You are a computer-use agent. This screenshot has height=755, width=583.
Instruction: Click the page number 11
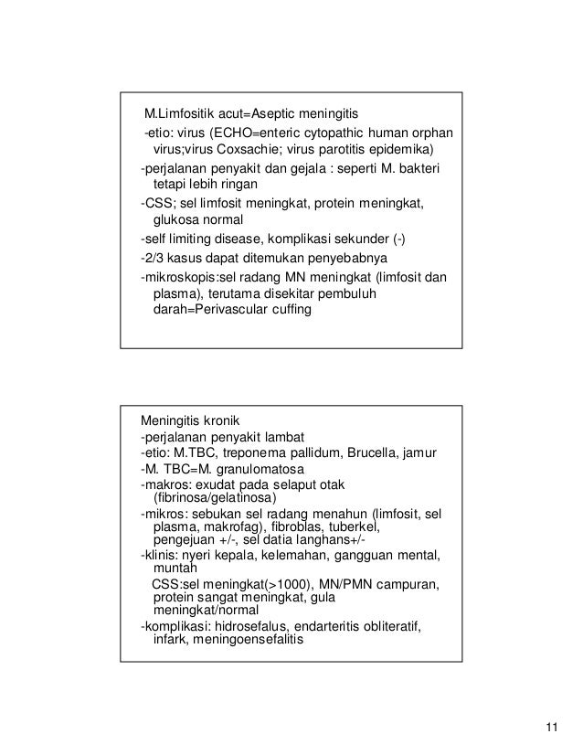(549, 728)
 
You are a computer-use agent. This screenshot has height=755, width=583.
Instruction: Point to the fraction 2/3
(152, 258)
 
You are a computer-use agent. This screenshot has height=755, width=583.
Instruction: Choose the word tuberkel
(352, 527)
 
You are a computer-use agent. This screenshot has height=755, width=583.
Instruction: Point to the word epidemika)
(399, 150)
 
